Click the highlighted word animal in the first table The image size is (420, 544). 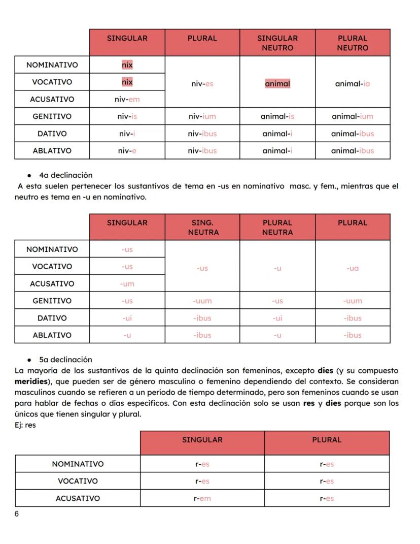pyautogui.click(x=277, y=82)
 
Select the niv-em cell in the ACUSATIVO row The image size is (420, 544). pyautogui.click(x=127, y=100)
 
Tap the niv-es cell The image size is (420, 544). pyautogui.click(x=202, y=82)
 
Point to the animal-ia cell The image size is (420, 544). pyautogui.click(x=353, y=82)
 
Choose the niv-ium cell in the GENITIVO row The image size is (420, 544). pyautogui.click(x=202, y=116)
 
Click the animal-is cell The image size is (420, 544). pyautogui.click(x=277, y=116)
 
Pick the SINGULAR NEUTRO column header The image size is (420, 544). pyautogui.click(x=277, y=43)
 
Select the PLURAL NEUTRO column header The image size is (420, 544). pyautogui.click(x=353, y=43)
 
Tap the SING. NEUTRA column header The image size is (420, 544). pyautogui.click(x=202, y=227)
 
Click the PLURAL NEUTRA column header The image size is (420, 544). pyautogui.click(x=277, y=227)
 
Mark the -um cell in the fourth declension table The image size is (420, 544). pyautogui.click(x=127, y=284)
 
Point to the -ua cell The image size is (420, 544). pyautogui.click(x=353, y=267)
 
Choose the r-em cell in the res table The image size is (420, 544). pyautogui.click(x=202, y=498)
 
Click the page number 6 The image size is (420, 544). pyautogui.click(x=17, y=514)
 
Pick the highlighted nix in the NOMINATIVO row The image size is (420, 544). pyautogui.click(x=127, y=65)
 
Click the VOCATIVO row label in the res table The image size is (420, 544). pyautogui.click(x=78, y=481)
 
